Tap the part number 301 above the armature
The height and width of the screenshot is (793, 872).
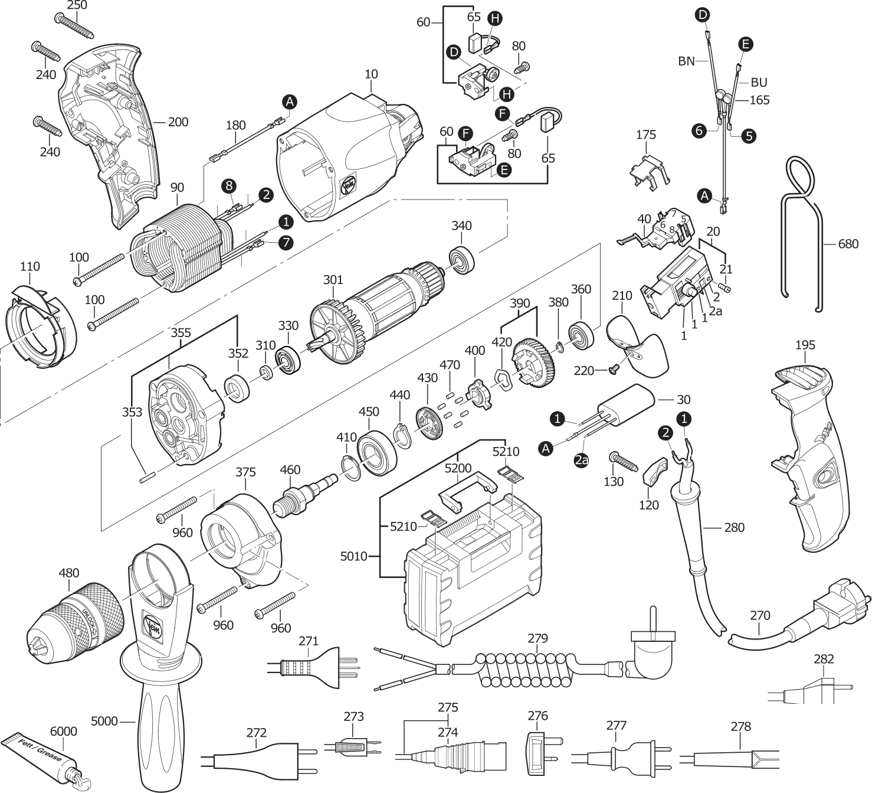coord(333,278)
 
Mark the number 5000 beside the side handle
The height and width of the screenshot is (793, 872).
coord(104,721)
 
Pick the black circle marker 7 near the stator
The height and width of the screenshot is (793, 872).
coord(286,242)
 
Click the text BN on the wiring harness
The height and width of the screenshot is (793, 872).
coord(686,60)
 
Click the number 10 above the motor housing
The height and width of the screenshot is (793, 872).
coord(371,74)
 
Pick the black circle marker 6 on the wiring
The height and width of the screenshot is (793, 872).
coord(699,131)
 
